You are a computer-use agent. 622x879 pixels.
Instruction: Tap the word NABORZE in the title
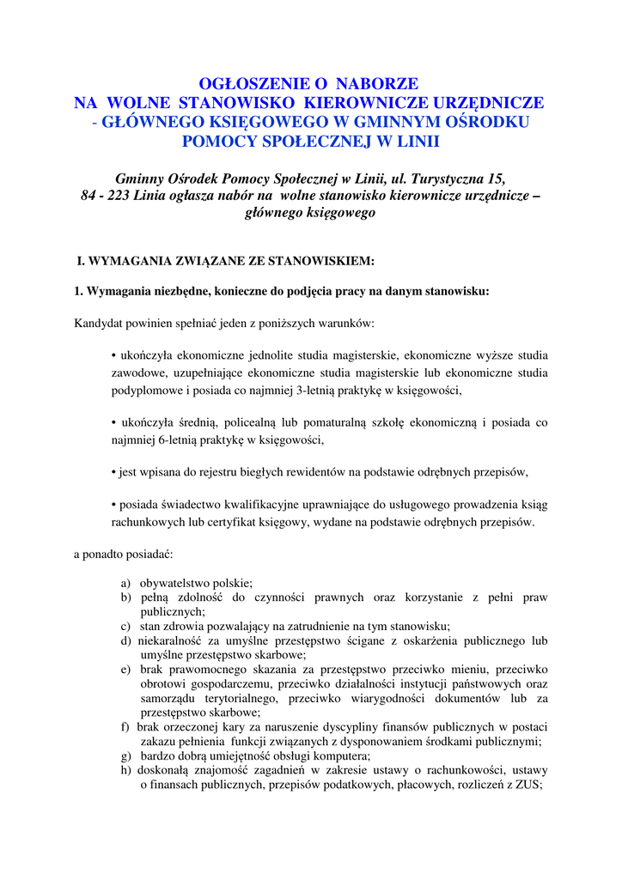click(377, 83)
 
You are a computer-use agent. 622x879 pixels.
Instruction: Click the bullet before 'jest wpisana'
click(113, 472)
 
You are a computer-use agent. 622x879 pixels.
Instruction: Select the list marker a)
click(125, 582)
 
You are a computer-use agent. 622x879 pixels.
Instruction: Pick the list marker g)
click(125, 756)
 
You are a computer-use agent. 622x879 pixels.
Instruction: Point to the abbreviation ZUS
click(527, 785)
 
